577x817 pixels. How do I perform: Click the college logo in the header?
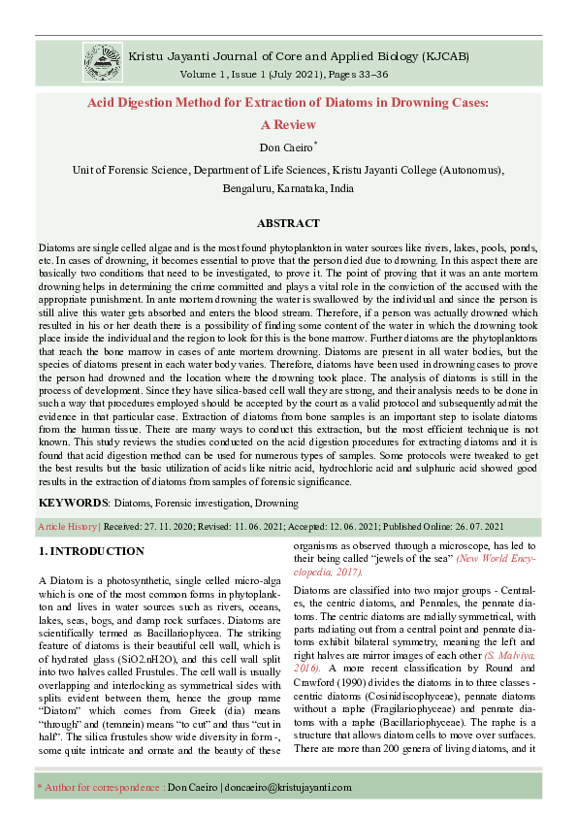(x=102, y=61)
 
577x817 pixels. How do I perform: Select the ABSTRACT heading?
(x=288, y=223)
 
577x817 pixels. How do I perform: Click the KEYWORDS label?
(x=73, y=504)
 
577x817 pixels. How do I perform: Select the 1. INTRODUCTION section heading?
(x=91, y=551)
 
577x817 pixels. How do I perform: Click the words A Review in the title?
(x=288, y=125)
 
